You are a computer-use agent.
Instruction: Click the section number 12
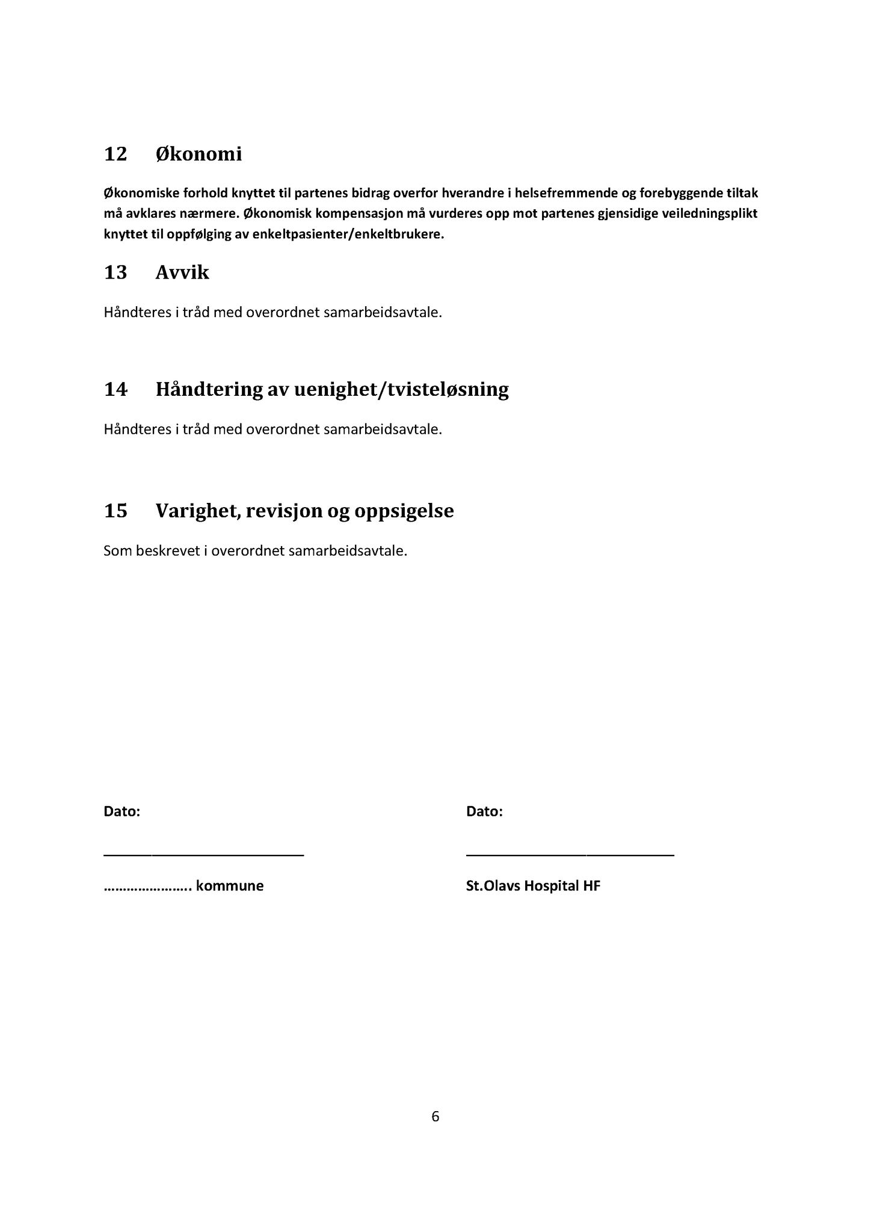tap(115, 155)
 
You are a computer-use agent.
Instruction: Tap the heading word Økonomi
tap(199, 155)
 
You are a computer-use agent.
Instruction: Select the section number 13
tap(115, 273)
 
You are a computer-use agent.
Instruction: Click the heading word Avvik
tap(182, 273)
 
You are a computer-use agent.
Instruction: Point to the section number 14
tap(115, 389)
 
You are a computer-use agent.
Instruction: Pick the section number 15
tap(115, 511)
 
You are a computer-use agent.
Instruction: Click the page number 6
tap(435, 1117)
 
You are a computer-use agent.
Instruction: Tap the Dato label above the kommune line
tap(122, 812)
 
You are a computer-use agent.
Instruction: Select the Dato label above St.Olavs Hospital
tap(484, 812)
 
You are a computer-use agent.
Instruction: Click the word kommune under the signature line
tap(230, 886)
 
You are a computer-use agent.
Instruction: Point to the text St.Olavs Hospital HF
tap(533, 886)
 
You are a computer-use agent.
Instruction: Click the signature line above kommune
tap(204, 853)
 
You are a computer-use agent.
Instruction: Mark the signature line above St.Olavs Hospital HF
tap(570, 853)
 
